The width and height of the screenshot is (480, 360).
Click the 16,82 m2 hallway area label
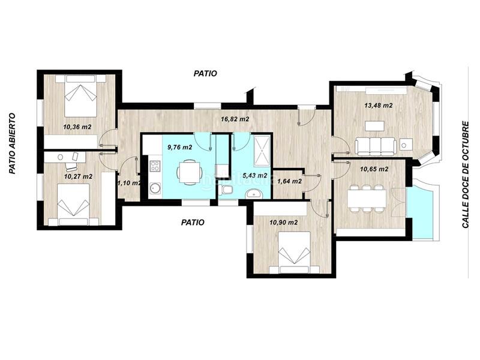coord(235,119)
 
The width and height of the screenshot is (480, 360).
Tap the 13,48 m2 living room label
coord(379,106)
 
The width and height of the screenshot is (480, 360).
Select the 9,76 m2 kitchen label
coord(179,147)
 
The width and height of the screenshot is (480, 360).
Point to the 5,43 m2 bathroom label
coord(254,175)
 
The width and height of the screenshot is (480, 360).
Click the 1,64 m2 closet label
coord(289,181)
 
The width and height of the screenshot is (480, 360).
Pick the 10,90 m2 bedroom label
coord(283,222)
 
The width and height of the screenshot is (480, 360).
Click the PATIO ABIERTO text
coord(12,143)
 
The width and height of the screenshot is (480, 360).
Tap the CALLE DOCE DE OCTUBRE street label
coord(466,175)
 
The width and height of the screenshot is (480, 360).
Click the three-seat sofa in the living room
coord(376,146)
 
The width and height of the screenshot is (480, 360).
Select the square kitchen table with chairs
coord(190,172)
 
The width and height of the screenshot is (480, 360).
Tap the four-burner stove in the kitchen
coord(155,166)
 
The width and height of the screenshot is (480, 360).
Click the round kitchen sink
coord(155,188)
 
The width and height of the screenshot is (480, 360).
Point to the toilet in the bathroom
coord(226,189)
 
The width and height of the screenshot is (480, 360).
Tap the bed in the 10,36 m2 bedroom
coord(80,95)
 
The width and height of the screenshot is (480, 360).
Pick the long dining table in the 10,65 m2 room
coord(367,199)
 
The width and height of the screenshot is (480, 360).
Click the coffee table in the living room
coord(374,125)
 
